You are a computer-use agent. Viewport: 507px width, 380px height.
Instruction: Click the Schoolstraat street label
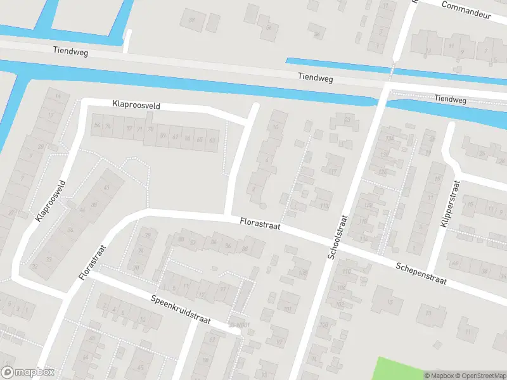coord(338,237)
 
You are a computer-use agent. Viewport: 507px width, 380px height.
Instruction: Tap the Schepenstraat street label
coord(423,272)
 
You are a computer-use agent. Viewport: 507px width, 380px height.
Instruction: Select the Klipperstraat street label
coord(449,204)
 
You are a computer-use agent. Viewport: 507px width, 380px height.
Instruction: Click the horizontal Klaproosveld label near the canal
coord(137,104)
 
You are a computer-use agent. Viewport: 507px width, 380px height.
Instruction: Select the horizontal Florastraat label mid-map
coord(260,224)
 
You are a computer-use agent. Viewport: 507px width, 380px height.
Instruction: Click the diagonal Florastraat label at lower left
coord(92,262)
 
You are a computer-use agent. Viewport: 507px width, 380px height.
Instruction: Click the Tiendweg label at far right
coord(450,100)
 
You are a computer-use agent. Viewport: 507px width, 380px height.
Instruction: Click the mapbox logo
coord(28,372)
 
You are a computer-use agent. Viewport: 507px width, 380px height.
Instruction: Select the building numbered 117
coord(331,171)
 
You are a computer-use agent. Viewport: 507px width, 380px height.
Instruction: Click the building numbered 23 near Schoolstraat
coord(347,119)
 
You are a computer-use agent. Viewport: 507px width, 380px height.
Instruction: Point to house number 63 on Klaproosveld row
coord(212,139)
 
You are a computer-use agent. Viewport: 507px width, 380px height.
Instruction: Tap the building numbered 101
coord(287,309)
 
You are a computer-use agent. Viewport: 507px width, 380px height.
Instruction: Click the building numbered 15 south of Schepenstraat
coord(428,313)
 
